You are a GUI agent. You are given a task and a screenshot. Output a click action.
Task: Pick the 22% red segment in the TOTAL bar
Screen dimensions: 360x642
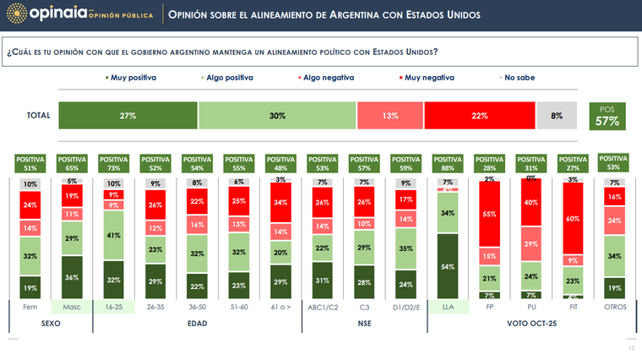[479, 115]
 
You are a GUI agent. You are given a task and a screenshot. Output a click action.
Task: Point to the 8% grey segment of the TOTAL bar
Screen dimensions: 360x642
[557, 115]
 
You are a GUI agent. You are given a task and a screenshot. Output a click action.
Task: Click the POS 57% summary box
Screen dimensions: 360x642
[607, 117]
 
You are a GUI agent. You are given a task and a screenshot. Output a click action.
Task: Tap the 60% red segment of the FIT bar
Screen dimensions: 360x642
[573, 218]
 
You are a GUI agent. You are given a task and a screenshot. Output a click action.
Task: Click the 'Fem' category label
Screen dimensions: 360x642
[30, 307]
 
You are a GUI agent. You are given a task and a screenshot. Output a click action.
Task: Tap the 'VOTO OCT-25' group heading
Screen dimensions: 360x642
[530, 324]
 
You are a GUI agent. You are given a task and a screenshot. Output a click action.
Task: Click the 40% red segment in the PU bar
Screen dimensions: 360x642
[532, 203]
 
